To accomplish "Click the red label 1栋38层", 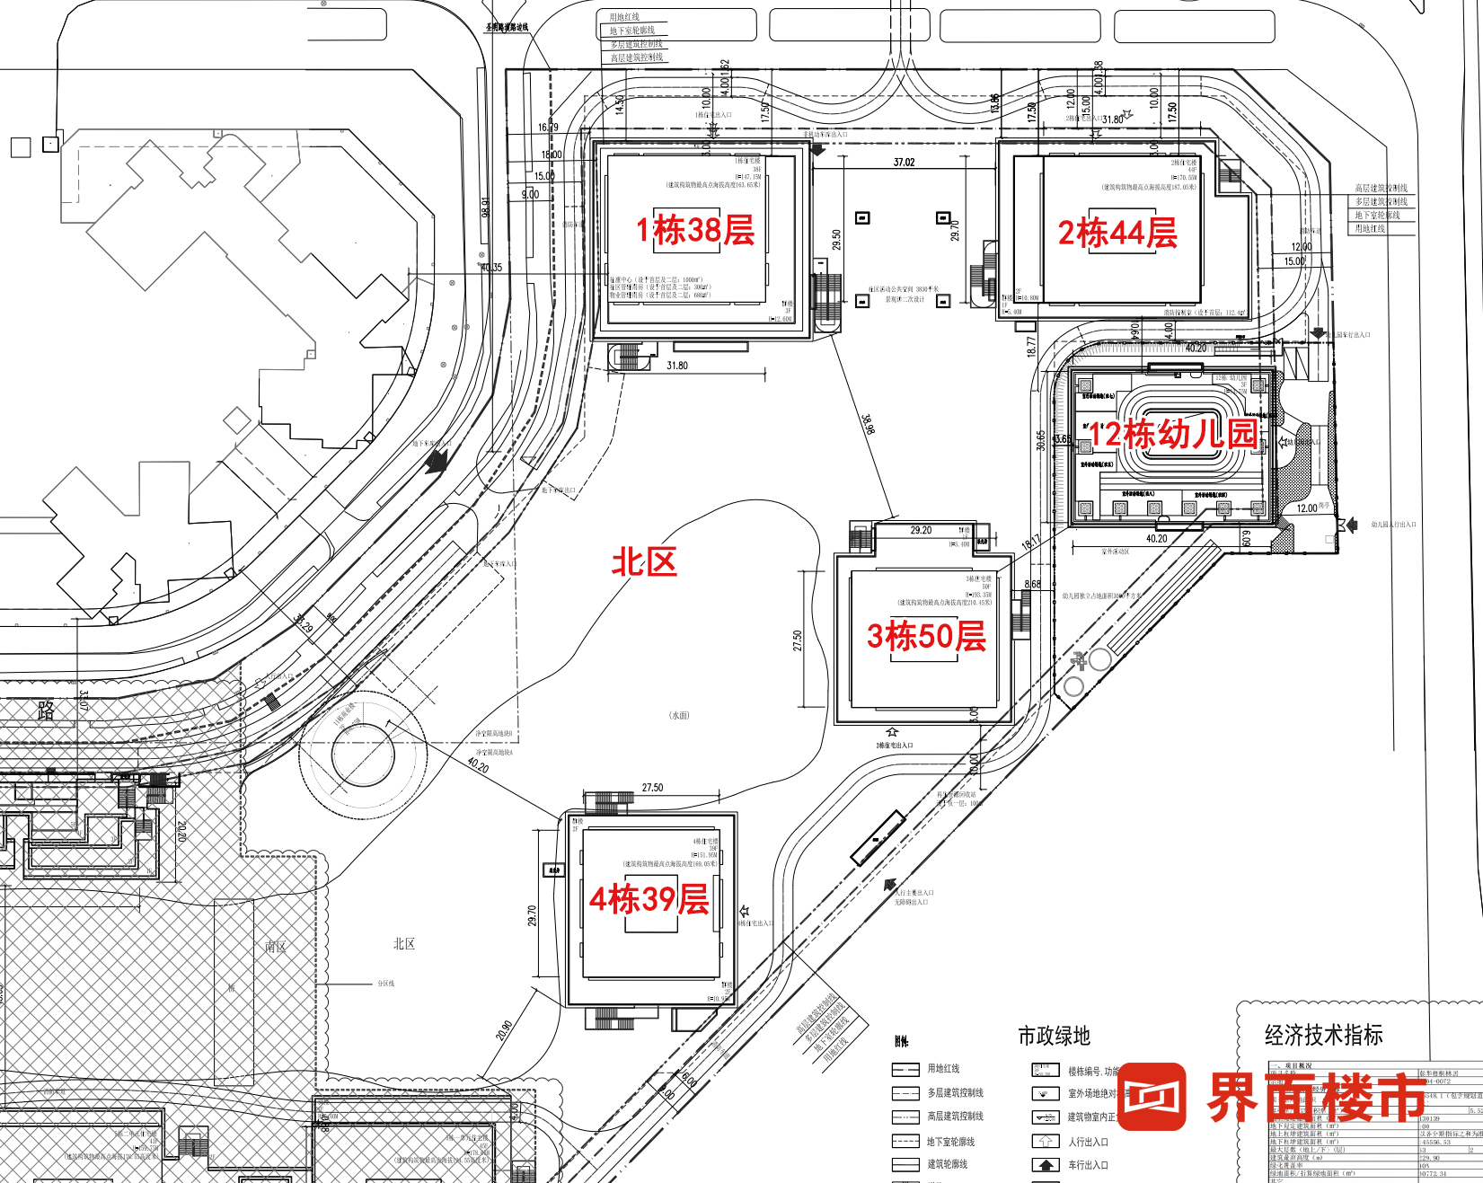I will point(695,231).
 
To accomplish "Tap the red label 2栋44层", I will point(1117,234).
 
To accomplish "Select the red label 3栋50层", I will point(926,637).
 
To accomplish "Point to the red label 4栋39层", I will point(649,899).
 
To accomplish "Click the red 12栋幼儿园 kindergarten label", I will point(1172,435).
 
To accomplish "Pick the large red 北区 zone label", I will point(644,563).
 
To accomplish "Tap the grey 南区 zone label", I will point(276,947).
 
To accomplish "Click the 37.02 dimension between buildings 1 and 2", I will point(904,163).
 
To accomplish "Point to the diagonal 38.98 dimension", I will point(868,425).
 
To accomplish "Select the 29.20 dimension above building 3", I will point(921,531).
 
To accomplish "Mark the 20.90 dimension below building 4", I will point(504,1030).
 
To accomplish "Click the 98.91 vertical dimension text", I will point(486,207).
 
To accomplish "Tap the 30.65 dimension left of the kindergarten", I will point(1041,440).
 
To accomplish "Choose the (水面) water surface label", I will point(679,716).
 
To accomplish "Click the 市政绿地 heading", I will point(1054,1036).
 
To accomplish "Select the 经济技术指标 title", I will point(1323,1035).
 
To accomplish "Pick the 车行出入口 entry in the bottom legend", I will point(1088,1165).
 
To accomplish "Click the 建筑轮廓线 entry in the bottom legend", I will point(948,1164).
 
